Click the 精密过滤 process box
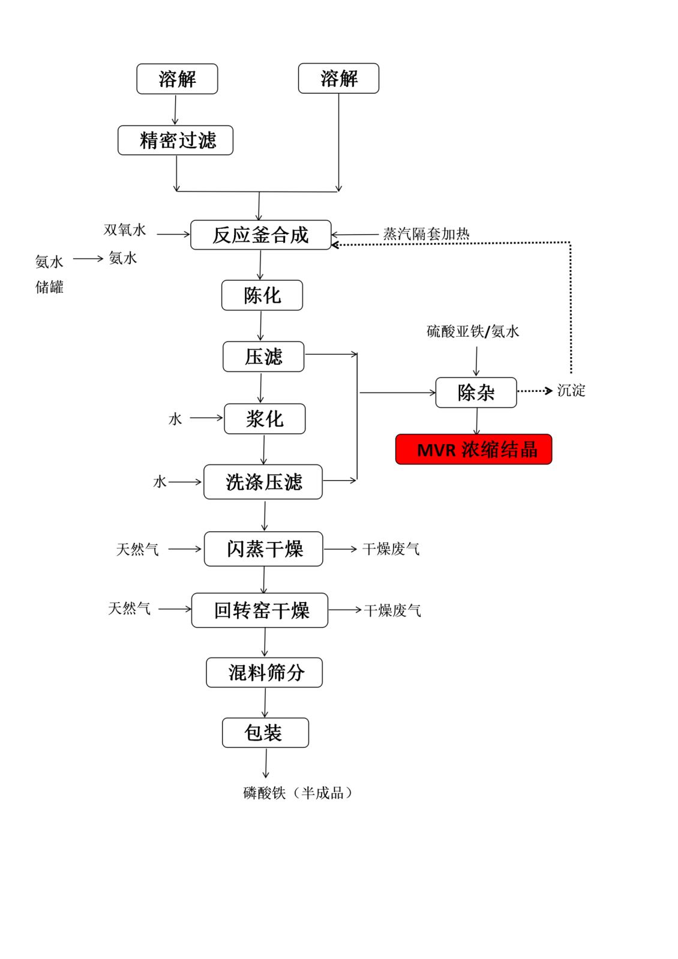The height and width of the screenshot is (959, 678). pyautogui.click(x=175, y=140)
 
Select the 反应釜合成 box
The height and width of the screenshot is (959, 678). pyautogui.click(x=260, y=235)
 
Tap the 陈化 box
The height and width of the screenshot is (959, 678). pyautogui.click(x=262, y=295)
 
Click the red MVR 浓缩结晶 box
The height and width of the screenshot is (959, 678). pyautogui.click(x=473, y=449)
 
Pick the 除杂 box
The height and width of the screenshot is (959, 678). pyautogui.click(x=476, y=392)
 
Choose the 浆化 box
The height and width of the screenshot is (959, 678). pyautogui.click(x=265, y=418)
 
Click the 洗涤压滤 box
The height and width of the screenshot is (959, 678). pyautogui.click(x=263, y=482)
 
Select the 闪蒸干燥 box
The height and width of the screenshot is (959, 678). pyautogui.click(x=263, y=549)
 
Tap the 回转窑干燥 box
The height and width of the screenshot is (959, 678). pyautogui.click(x=260, y=610)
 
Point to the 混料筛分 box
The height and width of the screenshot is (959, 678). pyautogui.click(x=264, y=673)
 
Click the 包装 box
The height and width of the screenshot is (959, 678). pyautogui.click(x=265, y=733)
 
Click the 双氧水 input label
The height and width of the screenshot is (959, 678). pyautogui.click(x=125, y=230)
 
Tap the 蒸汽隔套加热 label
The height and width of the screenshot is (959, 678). pyautogui.click(x=426, y=233)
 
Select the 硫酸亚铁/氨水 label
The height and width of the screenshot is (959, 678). pyautogui.click(x=473, y=331)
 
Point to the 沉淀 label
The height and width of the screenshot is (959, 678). pyautogui.click(x=571, y=390)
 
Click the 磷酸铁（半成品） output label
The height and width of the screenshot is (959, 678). pyautogui.click(x=298, y=793)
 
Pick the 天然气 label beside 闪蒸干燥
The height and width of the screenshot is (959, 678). pyautogui.click(x=137, y=549)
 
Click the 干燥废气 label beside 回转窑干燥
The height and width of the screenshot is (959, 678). pyautogui.click(x=392, y=610)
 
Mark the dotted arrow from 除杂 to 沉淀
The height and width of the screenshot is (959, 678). pyautogui.click(x=535, y=391)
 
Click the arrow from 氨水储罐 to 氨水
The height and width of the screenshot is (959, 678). pyautogui.click(x=88, y=259)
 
